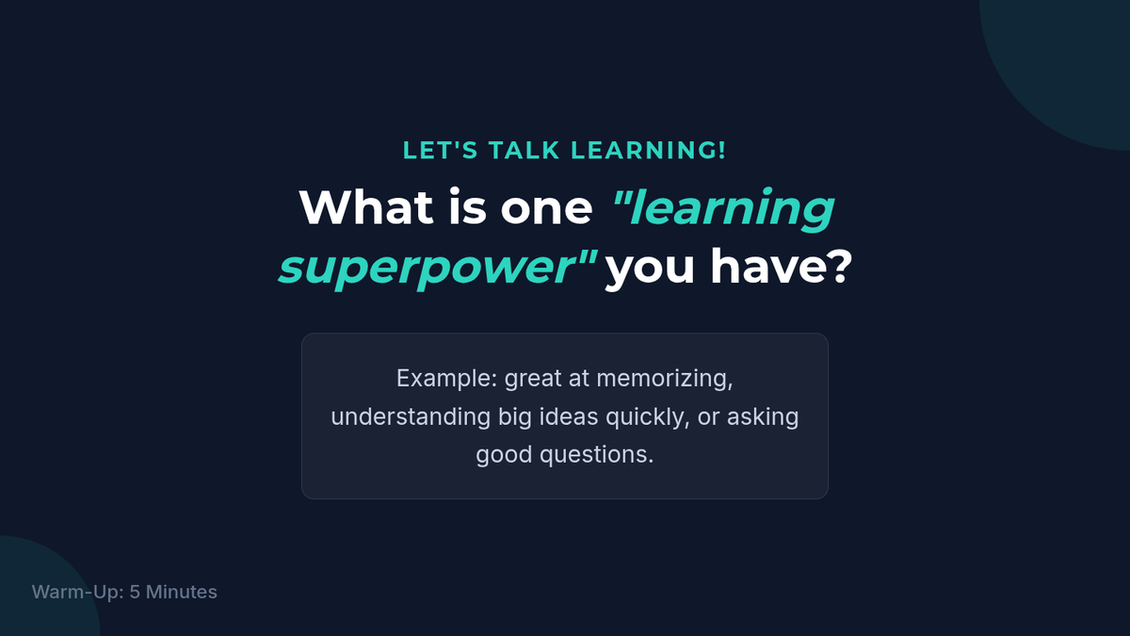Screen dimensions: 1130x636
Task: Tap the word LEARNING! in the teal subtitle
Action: coord(648,151)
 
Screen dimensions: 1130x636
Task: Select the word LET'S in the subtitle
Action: coord(441,151)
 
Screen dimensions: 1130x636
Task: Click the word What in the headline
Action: coord(366,207)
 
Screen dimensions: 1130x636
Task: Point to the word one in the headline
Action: coord(546,210)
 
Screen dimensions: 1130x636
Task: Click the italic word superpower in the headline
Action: coord(428,269)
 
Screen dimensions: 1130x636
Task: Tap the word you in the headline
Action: coord(650,270)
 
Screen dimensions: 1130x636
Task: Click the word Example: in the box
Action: coord(447,379)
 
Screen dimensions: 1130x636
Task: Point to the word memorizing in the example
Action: coord(662,379)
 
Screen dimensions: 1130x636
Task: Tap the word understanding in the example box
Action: coord(411,416)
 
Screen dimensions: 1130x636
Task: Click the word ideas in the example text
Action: coord(569,416)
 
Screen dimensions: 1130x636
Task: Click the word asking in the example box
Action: coord(762,416)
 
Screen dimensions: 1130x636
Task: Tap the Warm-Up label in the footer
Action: coord(76,592)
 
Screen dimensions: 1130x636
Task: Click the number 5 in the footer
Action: coord(135,592)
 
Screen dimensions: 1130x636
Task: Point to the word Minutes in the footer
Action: coord(182,592)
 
